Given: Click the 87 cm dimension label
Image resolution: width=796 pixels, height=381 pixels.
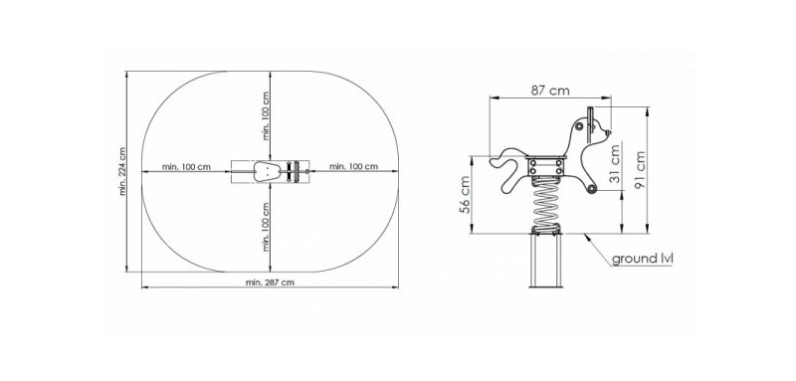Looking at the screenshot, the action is [x=550, y=91].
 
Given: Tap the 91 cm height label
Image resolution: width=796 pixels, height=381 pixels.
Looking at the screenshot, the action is [x=640, y=170].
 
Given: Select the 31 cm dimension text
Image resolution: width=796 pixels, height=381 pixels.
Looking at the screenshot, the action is [x=615, y=164].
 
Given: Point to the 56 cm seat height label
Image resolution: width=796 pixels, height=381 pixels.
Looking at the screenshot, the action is [x=466, y=194].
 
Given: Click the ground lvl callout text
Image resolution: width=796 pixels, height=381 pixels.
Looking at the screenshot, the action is [x=642, y=259].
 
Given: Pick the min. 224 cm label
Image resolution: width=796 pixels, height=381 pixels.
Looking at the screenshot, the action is [x=122, y=171].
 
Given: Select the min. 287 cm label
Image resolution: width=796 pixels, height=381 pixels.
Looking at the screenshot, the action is [x=270, y=283].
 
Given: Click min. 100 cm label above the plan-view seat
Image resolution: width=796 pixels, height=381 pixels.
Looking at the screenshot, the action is [x=266, y=116].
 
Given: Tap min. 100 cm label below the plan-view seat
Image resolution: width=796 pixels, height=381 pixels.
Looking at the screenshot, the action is [x=266, y=227].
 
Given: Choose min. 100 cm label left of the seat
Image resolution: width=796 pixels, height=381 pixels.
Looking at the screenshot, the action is [x=186, y=166].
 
